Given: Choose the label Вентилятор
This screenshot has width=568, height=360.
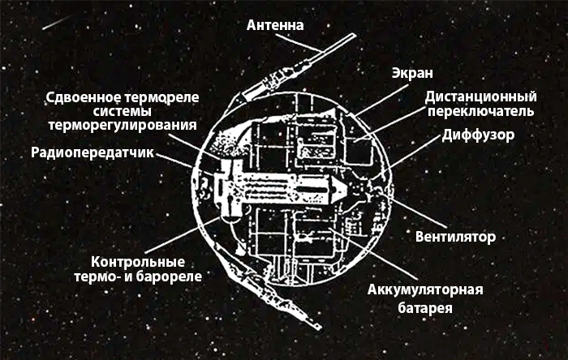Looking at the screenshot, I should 455,237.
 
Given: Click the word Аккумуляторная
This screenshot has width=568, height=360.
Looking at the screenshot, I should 425,290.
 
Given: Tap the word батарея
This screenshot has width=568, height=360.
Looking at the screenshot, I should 425,308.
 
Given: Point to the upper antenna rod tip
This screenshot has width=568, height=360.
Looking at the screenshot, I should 354,35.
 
